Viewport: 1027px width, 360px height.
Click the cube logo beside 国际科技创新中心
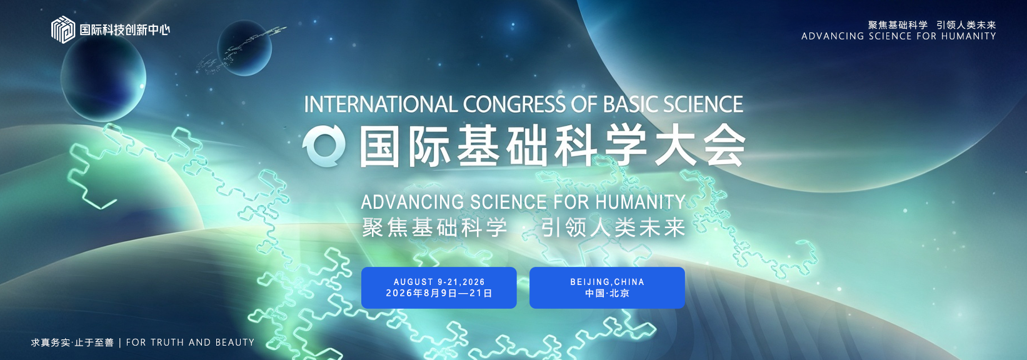(x=63, y=30)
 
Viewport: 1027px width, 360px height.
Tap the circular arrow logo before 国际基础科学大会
(x=324, y=146)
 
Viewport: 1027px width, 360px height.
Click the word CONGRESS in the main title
(x=514, y=104)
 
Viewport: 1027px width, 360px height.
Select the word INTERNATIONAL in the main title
(x=381, y=104)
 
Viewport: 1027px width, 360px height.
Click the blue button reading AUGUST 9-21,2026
(x=439, y=287)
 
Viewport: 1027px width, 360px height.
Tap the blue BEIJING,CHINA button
(x=607, y=287)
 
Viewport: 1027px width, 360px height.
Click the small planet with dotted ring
(x=244, y=48)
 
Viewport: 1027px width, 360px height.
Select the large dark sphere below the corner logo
(x=104, y=78)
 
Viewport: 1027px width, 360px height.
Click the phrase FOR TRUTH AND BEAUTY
(x=190, y=342)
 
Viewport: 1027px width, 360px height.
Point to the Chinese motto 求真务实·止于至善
(x=72, y=342)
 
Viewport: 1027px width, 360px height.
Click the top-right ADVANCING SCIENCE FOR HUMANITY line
(x=899, y=36)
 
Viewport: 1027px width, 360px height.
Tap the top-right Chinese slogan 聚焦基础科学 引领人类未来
(x=932, y=25)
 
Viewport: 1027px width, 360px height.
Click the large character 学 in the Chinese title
(x=625, y=146)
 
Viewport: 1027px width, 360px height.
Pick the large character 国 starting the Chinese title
(x=379, y=146)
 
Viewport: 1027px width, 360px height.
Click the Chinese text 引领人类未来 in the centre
(x=613, y=227)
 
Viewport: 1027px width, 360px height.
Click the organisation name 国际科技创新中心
(x=125, y=30)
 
